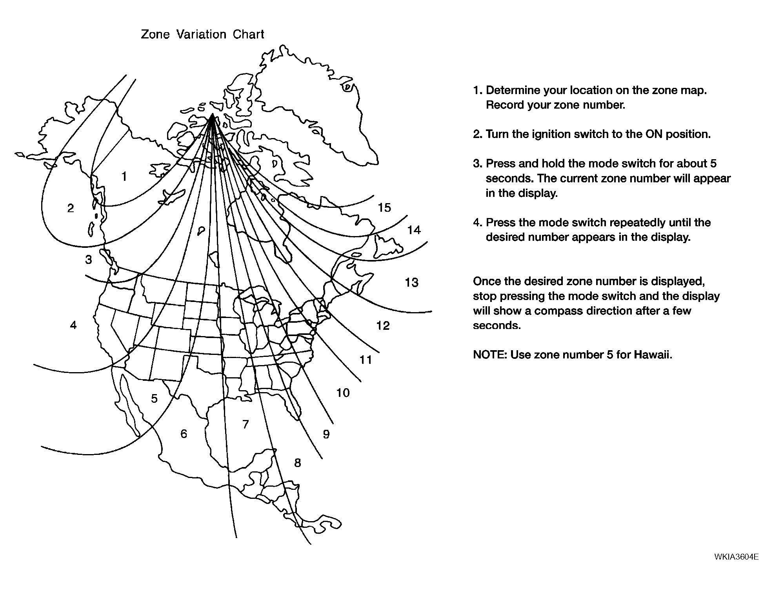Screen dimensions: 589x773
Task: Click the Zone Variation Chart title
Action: (202, 35)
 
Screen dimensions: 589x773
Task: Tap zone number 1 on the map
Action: (124, 176)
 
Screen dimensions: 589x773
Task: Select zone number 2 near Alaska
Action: (71, 208)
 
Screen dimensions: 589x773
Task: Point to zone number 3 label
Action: (89, 260)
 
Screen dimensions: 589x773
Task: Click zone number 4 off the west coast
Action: (73, 325)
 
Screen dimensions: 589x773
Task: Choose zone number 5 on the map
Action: (154, 398)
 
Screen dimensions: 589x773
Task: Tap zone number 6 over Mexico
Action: (184, 433)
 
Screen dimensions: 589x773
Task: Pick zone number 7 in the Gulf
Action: (246, 424)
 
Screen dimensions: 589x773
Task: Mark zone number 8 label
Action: (298, 463)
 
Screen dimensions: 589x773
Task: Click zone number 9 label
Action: (326, 434)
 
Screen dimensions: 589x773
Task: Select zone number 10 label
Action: (343, 393)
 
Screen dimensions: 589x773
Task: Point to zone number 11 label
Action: (366, 360)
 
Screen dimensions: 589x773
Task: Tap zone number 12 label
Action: (383, 325)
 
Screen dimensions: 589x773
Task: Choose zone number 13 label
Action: (411, 282)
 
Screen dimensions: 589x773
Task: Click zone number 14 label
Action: (414, 230)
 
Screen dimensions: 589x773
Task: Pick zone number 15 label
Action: (384, 207)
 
